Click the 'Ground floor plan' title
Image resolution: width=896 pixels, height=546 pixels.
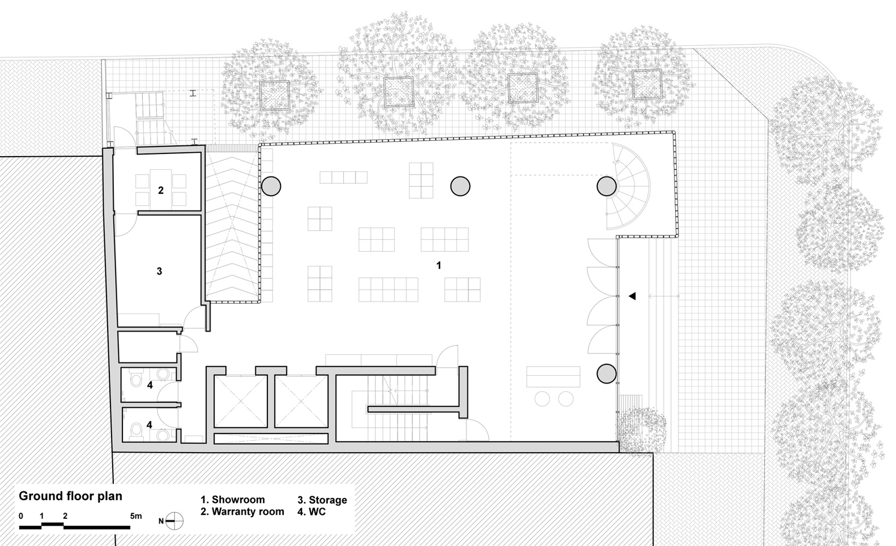pyautogui.click(x=70, y=496)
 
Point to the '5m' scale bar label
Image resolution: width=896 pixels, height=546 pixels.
pyautogui.click(x=136, y=516)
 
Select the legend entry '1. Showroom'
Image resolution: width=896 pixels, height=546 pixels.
pyautogui.click(x=233, y=500)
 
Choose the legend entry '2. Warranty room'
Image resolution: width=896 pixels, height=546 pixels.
pyautogui.click(x=242, y=511)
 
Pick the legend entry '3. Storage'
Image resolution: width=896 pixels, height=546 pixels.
pyautogui.click(x=322, y=500)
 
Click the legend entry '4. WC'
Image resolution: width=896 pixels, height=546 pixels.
pyautogui.click(x=312, y=511)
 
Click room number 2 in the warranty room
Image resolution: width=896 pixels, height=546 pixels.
pyautogui.click(x=161, y=191)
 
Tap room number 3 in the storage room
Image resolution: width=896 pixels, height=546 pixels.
pyautogui.click(x=159, y=272)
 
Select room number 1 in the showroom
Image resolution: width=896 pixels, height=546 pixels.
pyautogui.click(x=438, y=265)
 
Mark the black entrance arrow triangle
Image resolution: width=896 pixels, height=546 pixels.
pyautogui.click(x=632, y=296)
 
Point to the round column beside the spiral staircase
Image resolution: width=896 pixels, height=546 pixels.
pyautogui.click(x=607, y=186)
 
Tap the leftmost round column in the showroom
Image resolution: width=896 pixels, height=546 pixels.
pyautogui.click(x=271, y=186)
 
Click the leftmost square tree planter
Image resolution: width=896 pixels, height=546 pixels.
pyautogui.click(x=275, y=94)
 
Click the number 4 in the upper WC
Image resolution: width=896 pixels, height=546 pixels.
pyautogui.click(x=150, y=385)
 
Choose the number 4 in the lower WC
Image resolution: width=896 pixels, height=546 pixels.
pyautogui.click(x=150, y=424)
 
